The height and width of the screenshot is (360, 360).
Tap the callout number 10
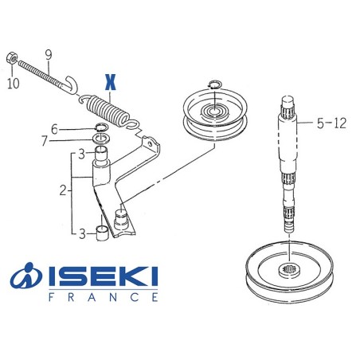tap(12, 83)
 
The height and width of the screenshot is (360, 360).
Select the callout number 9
tap(49, 54)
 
